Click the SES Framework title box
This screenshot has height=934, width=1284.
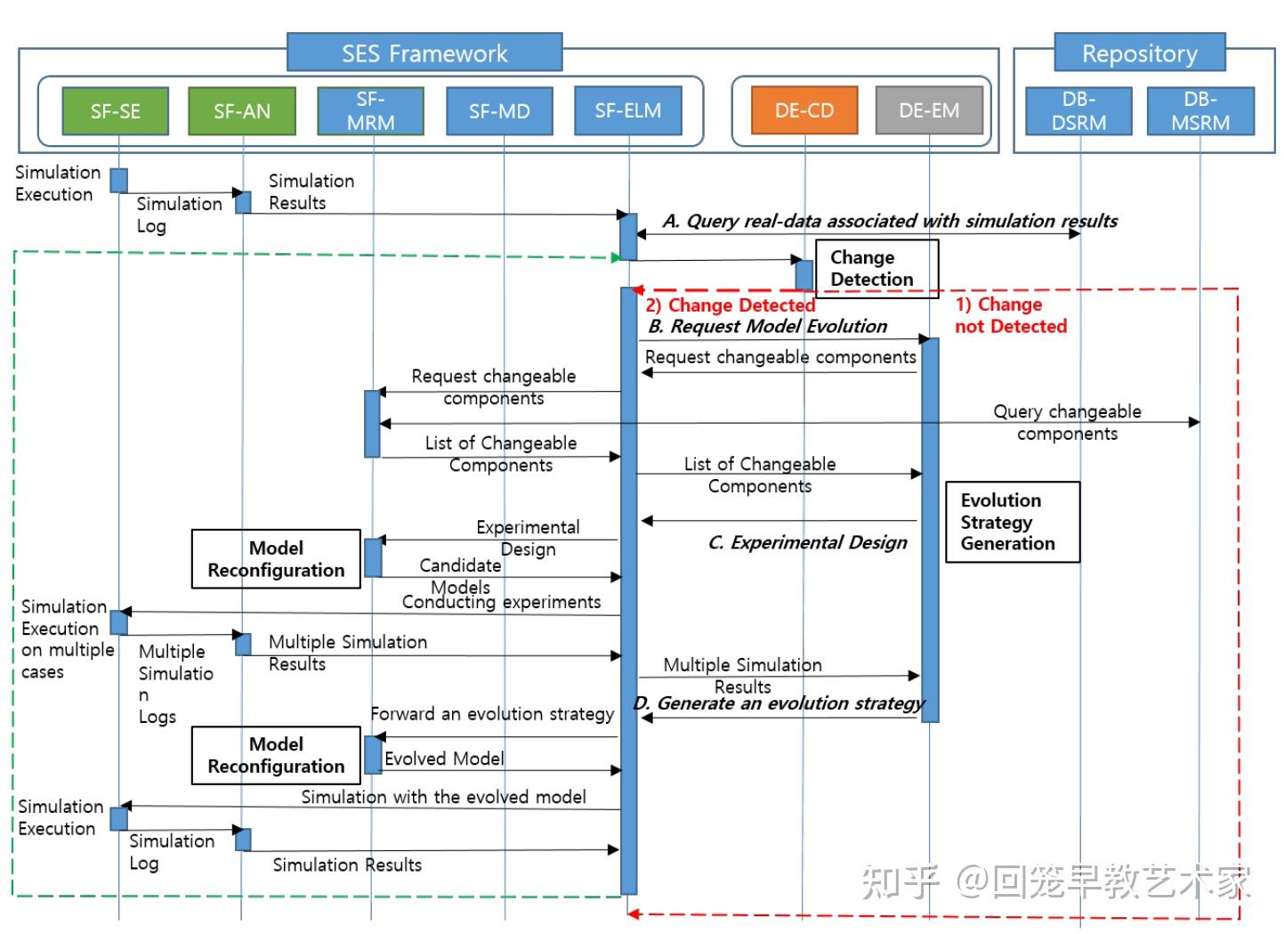coord(424,53)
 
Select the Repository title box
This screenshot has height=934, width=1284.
coord(1139,53)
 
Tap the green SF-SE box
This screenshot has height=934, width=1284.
coord(116,111)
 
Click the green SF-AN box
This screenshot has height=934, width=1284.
coord(241,111)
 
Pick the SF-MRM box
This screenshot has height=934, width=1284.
coord(370,111)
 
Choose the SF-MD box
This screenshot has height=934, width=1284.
coord(499,111)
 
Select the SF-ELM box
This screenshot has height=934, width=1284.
coord(628,110)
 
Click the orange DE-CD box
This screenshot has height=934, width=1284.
coord(804,110)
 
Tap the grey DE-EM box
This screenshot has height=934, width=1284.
coord(929,110)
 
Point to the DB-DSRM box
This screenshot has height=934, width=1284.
coord(1078,111)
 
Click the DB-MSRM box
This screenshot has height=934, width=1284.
coord(1199,111)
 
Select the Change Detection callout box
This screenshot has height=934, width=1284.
coord(876,268)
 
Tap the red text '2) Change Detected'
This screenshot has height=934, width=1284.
coord(730,305)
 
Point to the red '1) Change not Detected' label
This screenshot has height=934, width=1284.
coord(1010,315)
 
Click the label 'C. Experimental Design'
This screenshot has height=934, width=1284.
coord(807,542)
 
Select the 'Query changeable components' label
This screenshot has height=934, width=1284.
coord(1067,422)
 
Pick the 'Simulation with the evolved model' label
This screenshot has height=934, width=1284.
coord(443,797)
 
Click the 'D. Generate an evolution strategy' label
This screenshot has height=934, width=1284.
coord(779,703)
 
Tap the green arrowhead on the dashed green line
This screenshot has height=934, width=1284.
coord(616,257)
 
